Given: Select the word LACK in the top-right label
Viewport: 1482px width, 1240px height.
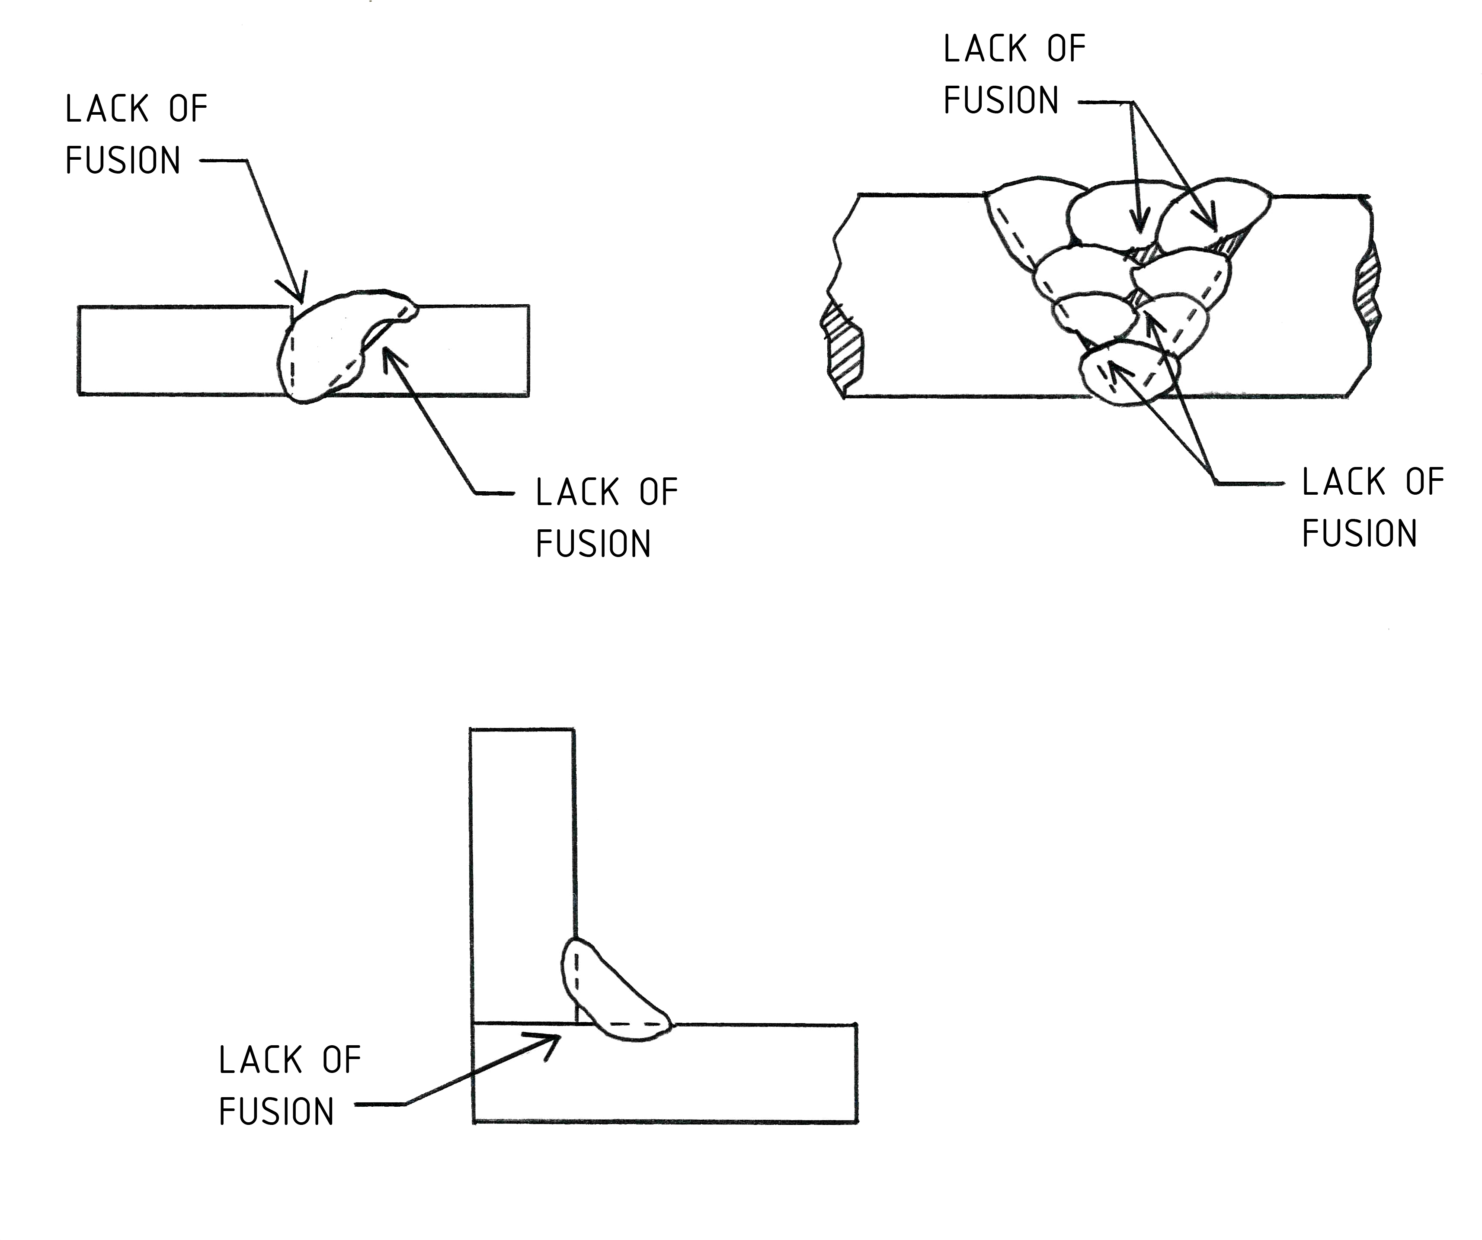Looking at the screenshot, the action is coord(985,49).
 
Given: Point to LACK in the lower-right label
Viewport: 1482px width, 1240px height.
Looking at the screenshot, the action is coord(1344,482).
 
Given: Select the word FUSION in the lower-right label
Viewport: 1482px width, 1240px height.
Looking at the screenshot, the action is coord(1359,534).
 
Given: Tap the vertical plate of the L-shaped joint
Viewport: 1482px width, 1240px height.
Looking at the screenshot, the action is coord(522,876).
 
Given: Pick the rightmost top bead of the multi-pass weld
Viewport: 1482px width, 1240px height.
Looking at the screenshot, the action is coord(1214,210).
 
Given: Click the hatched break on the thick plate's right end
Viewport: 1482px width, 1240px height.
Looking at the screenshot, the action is coord(1368,290).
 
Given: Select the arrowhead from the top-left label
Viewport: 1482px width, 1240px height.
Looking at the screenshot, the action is coord(295,287).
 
